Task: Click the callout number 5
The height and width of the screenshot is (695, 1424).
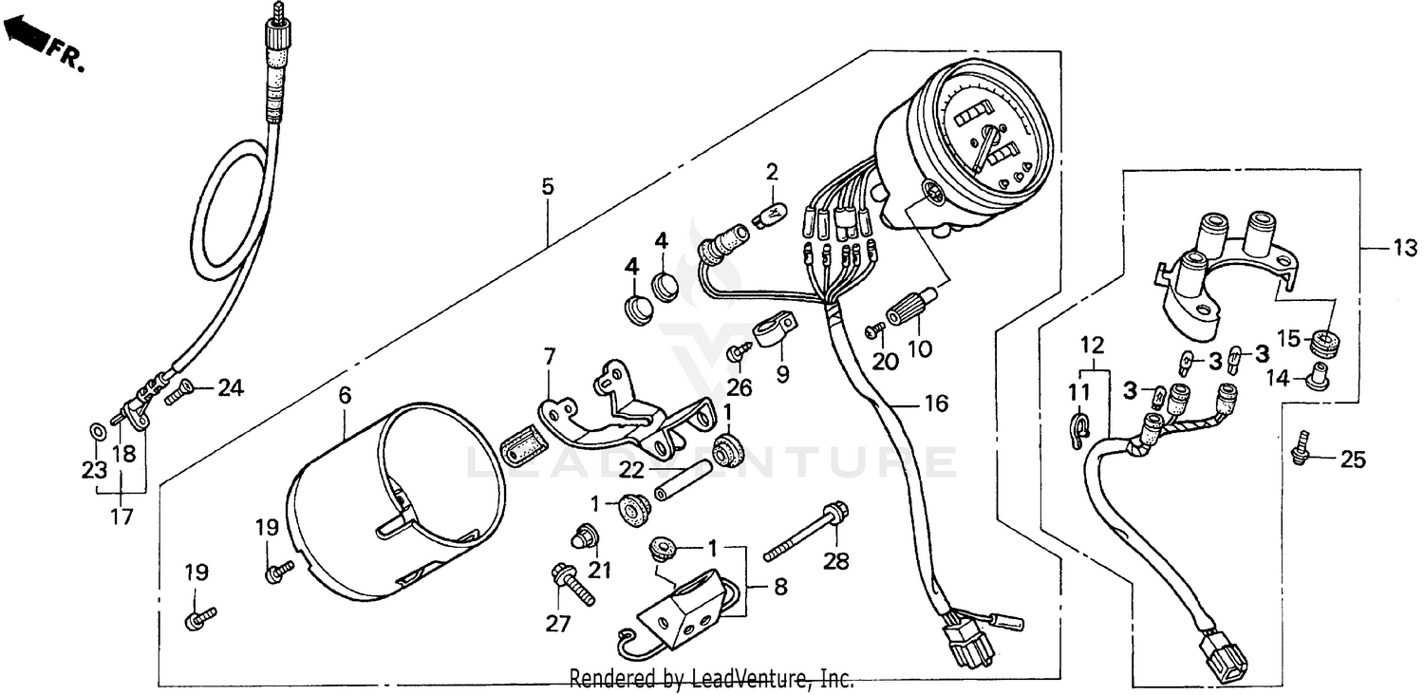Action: pos(548,186)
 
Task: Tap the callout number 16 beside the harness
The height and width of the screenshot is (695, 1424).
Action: pos(935,404)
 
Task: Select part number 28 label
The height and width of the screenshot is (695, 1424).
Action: pos(834,561)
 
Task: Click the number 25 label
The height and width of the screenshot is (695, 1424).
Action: pos(1352,460)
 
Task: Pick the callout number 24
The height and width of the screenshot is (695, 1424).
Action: pos(231,387)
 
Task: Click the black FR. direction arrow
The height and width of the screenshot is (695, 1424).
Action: pos(23,36)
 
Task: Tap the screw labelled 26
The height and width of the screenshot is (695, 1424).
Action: pos(738,353)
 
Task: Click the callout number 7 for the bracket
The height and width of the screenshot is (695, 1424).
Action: pos(549,356)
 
